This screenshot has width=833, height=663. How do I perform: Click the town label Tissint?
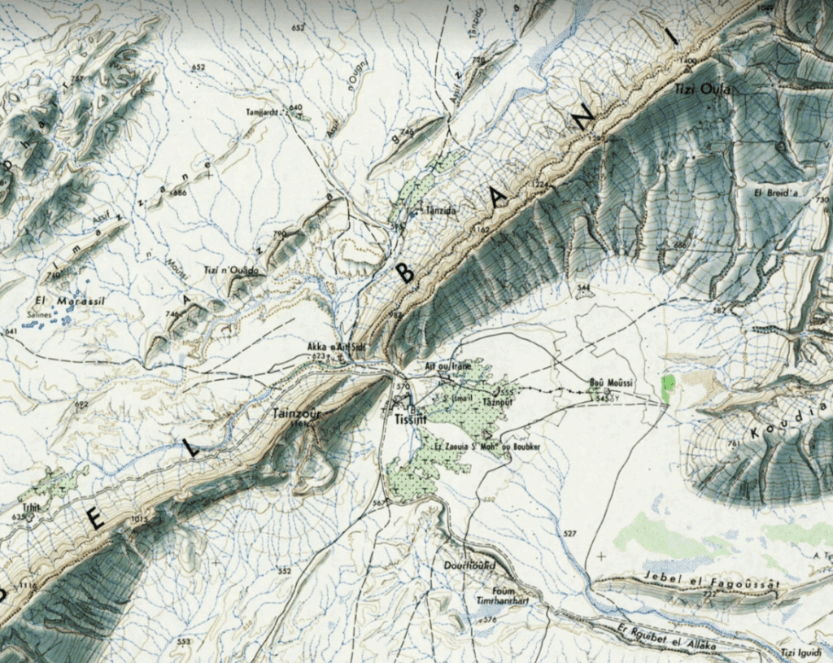tap(405, 420)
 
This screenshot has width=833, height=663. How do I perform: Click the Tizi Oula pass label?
tap(703, 88)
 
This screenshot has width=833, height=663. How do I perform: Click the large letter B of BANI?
tap(405, 275)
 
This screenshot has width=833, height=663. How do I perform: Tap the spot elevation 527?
tap(569, 534)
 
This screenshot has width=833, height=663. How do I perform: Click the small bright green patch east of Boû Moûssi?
tap(669, 388)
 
